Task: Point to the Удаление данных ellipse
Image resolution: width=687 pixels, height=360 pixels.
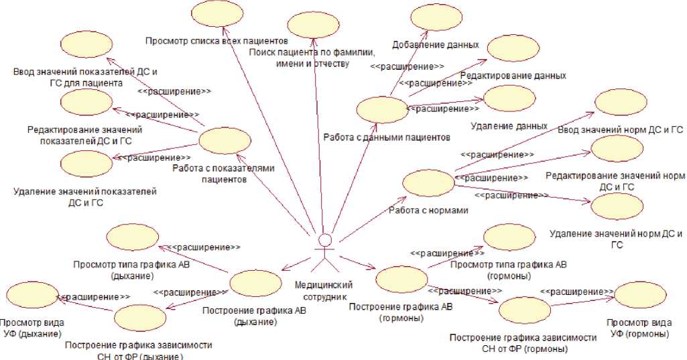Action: point(509,98)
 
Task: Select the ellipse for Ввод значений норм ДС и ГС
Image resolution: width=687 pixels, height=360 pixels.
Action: point(620,102)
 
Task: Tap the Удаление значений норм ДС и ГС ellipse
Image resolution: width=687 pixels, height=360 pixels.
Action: point(617,206)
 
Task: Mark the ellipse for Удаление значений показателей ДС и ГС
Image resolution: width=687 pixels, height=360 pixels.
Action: point(85,164)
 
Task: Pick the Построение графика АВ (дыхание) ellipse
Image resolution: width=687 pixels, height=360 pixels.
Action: point(255,283)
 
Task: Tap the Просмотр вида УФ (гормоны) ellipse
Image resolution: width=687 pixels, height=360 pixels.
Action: point(639,295)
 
